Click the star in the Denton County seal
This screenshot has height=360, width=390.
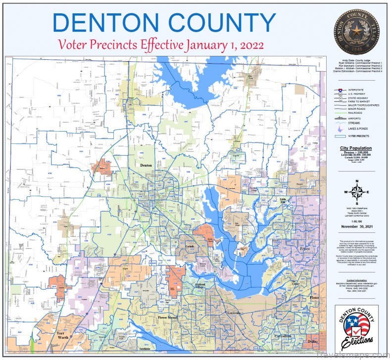[356, 29]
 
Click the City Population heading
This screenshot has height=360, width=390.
[356, 148]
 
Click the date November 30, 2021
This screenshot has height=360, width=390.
[356, 226]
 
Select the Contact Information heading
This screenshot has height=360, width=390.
[356, 280]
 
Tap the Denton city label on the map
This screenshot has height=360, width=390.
[146, 165]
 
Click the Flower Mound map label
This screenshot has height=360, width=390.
[167, 317]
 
